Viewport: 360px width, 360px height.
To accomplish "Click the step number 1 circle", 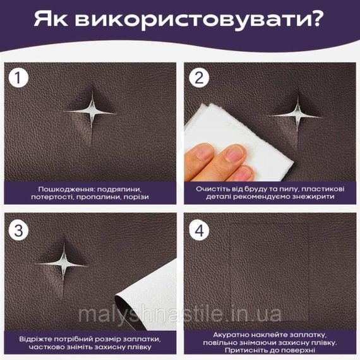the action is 18,78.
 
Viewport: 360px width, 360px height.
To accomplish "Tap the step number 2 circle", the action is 199,78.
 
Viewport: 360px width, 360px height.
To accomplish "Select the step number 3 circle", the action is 18,231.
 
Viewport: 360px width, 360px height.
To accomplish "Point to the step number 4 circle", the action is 199,231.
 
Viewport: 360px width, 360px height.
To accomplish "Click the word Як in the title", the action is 51,20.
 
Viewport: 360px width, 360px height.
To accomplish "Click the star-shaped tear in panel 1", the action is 91,112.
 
